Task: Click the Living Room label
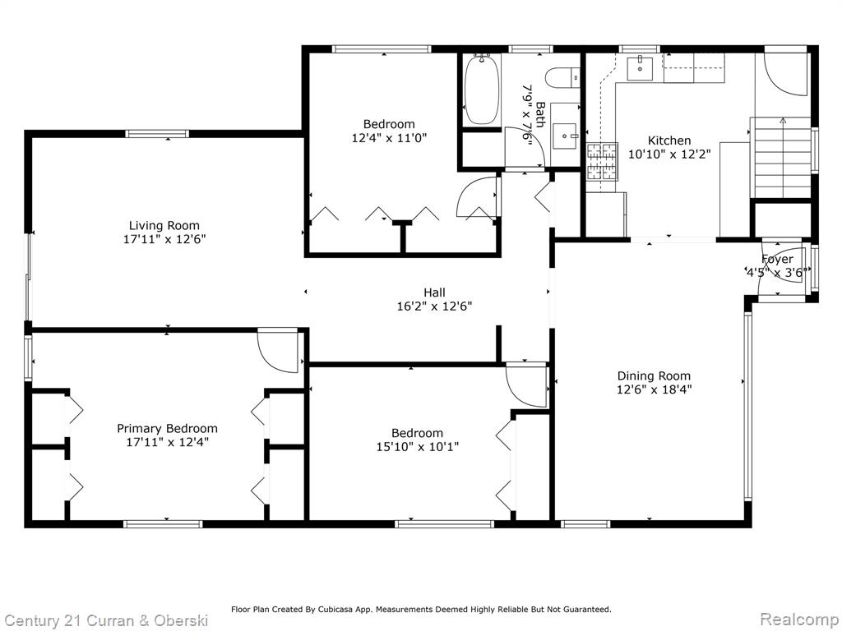164,225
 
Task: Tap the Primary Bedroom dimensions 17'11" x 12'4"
167,442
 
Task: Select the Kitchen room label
669,140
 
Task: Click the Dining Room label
654,375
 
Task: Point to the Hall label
434,292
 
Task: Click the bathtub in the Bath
482,90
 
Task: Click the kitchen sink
640,67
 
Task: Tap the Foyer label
777,259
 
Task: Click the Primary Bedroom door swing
278,352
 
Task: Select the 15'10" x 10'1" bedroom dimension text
417,446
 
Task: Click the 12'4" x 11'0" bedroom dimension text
389,138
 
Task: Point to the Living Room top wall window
157,134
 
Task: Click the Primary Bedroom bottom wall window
163,523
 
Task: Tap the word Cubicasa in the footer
334,609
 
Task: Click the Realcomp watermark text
799,619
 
